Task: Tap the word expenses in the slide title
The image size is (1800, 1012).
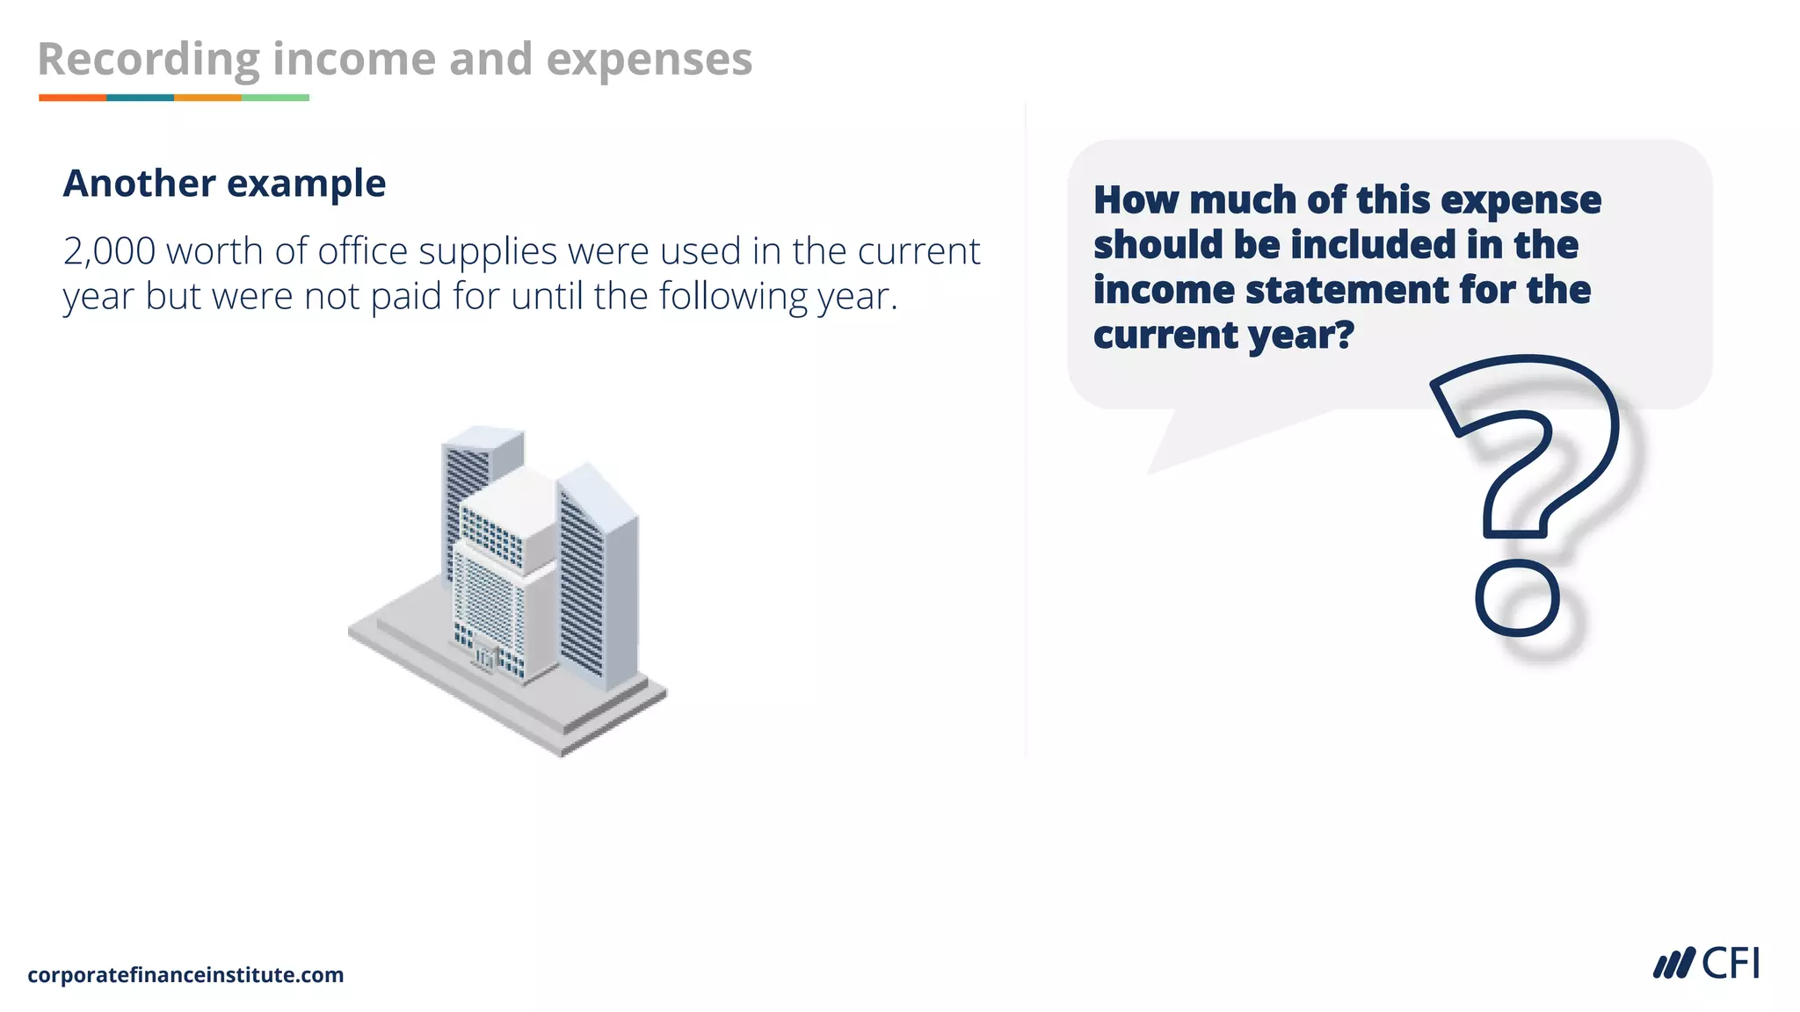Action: click(x=649, y=60)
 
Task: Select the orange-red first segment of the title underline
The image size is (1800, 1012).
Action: click(x=72, y=98)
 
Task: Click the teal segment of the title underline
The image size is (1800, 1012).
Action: click(x=140, y=98)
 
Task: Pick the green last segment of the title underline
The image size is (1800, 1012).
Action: click(x=275, y=98)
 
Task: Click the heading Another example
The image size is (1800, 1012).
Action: click(x=224, y=184)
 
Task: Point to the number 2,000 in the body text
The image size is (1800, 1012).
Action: click(x=109, y=252)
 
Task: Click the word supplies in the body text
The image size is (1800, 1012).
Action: click(x=487, y=252)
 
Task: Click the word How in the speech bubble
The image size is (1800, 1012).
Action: click(x=1135, y=200)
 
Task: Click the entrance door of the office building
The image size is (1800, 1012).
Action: click(x=485, y=657)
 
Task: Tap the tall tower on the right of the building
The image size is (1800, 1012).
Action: click(x=598, y=580)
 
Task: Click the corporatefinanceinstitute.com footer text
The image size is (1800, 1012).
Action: click(x=185, y=974)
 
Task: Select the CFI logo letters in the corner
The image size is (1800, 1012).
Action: click(x=1730, y=964)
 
